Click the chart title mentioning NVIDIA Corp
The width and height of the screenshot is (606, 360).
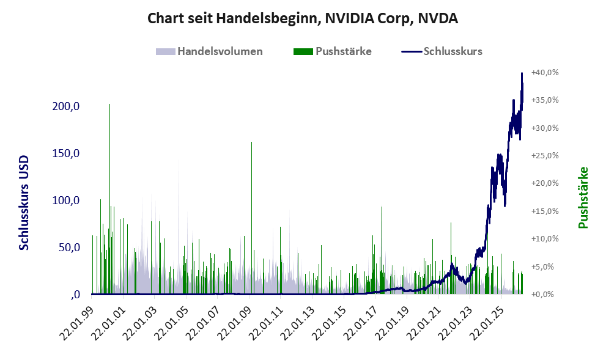pyautogui.click(x=303, y=18)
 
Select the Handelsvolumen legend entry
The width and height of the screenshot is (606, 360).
pyautogui.click(x=209, y=51)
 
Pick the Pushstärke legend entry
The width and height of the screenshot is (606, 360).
pyautogui.click(x=333, y=51)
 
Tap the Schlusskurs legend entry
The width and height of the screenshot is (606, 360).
pyautogui.click(x=442, y=51)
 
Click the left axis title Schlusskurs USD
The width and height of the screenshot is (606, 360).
pyautogui.click(x=24, y=203)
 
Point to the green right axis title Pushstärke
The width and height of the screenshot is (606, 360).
pyautogui.click(x=583, y=197)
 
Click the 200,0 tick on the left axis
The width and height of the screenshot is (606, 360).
pyautogui.click(x=66, y=106)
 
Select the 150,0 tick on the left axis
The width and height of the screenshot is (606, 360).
pyautogui.click(x=66, y=153)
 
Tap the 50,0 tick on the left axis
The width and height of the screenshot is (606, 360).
pyautogui.click(x=69, y=247)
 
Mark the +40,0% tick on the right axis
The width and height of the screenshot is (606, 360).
pyautogui.click(x=545, y=73)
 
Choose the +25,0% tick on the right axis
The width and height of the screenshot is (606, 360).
pyautogui.click(x=545, y=156)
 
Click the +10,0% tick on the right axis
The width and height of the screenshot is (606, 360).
pyautogui.click(x=545, y=239)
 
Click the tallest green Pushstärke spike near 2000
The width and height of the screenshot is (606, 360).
pyautogui.click(x=109, y=199)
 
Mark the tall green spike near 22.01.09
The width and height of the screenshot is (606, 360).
pyautogui.click(x=251, y=218)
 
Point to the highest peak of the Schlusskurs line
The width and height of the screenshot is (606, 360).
pyautogui.click(x=522, y=73)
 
